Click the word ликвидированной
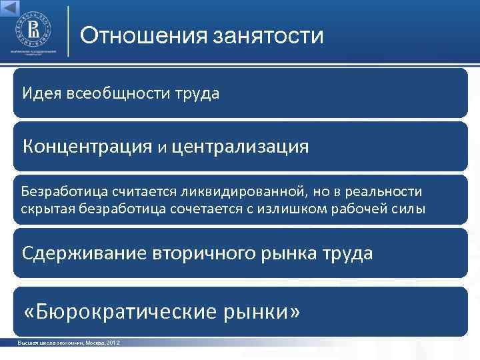242,192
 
